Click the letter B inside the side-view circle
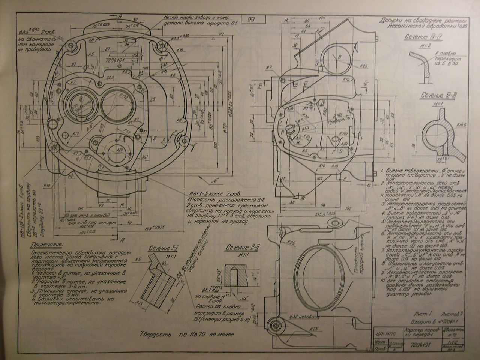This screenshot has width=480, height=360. [x=339, y=57]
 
